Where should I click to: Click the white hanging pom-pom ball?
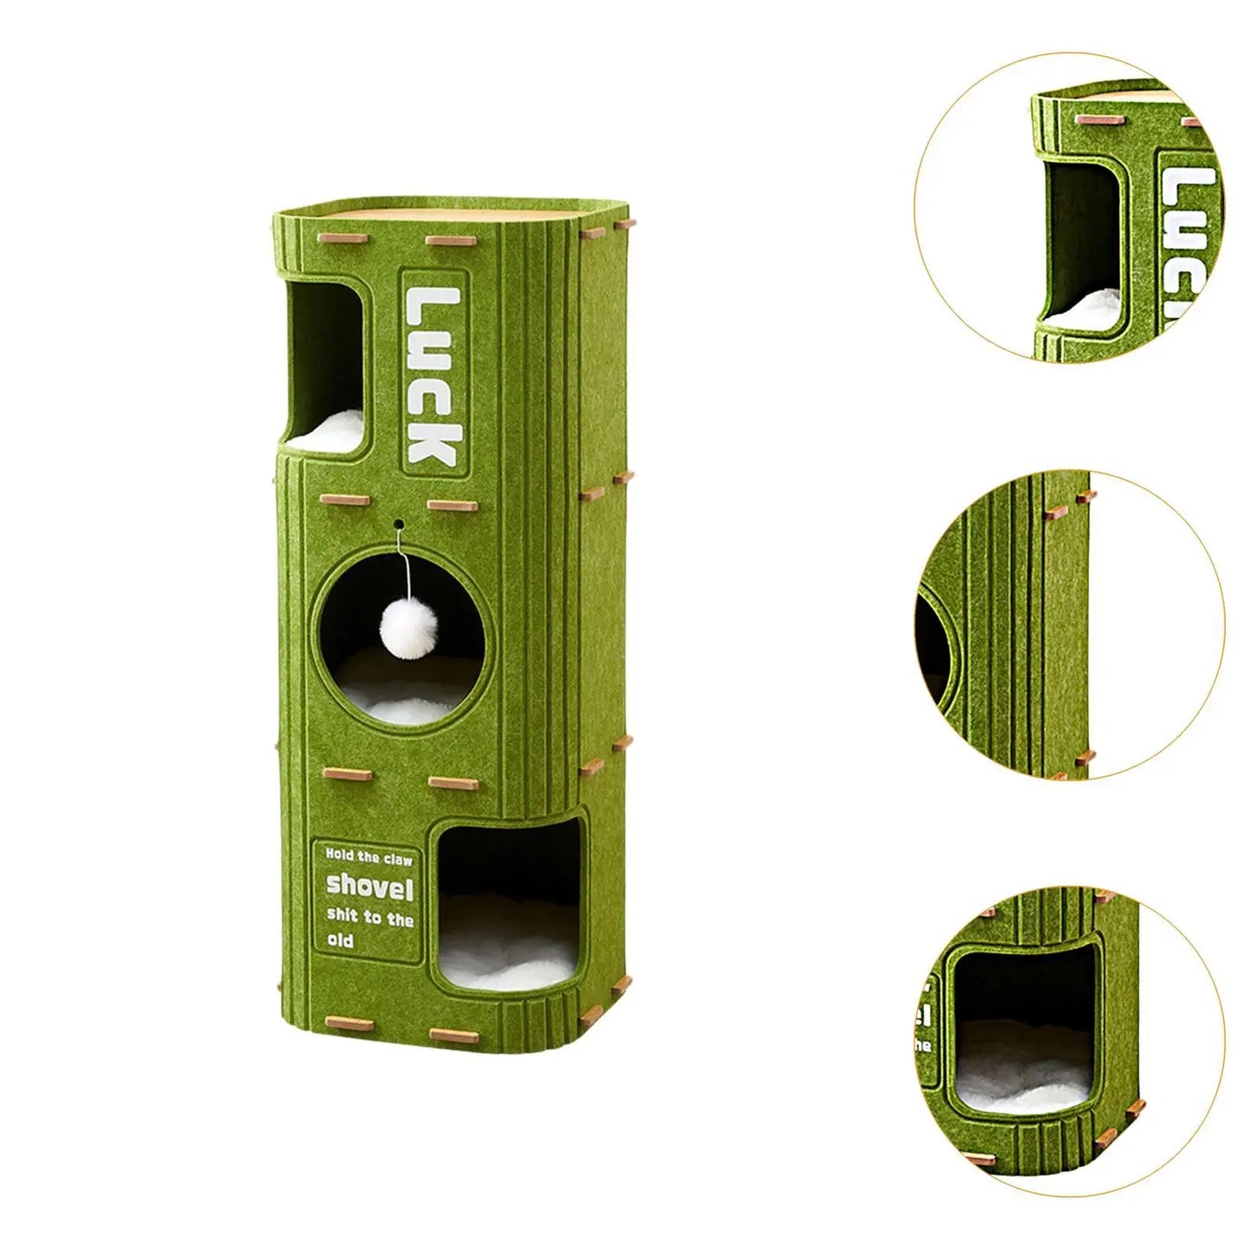(x=400, y=621)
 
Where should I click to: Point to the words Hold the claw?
(x=369, y=857)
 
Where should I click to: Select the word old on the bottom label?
(x=341, y=941)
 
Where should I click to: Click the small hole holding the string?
(x=399, y=522)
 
